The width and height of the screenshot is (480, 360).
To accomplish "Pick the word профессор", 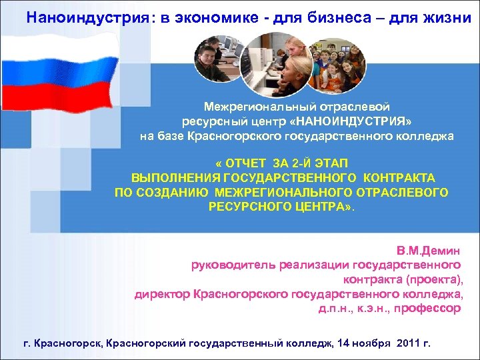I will click(428, 309).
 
